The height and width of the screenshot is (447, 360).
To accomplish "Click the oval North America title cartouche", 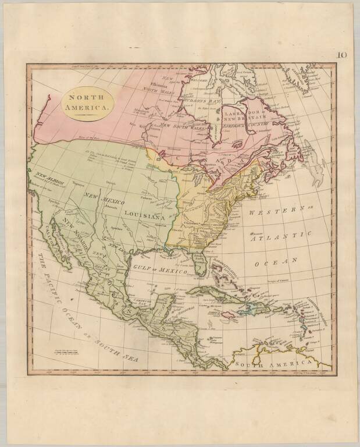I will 84,103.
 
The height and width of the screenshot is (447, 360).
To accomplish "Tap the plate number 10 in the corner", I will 343,55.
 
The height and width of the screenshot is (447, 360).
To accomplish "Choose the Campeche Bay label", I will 142,302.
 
